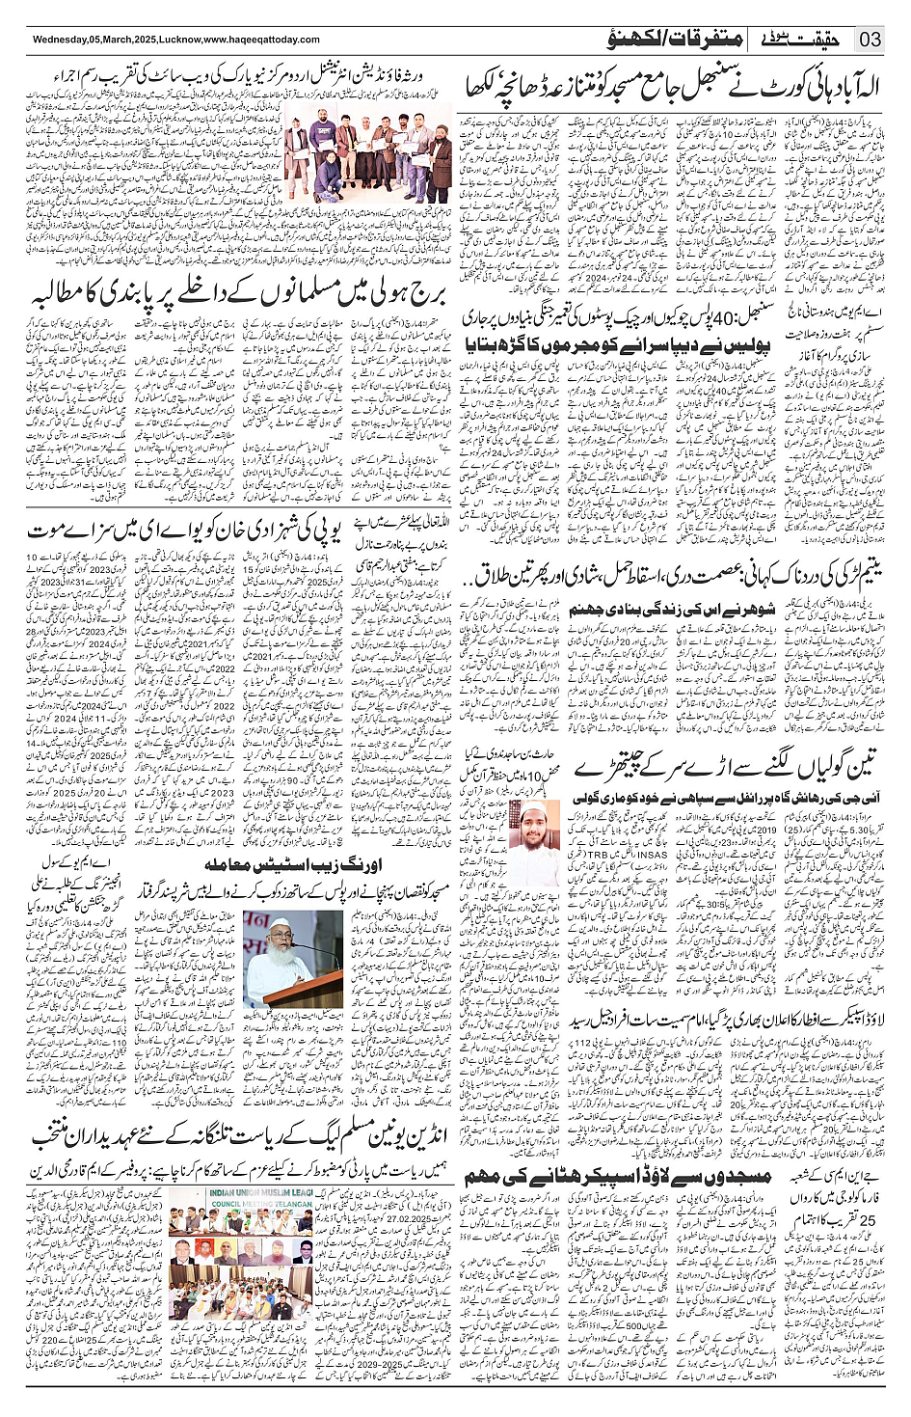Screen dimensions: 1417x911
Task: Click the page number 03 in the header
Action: pyautogui.click(x=871, y=40)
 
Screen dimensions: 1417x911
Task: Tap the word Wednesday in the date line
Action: pyautogui.click(x=62, y=40)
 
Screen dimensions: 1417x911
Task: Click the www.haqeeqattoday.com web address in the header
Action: pyautogui.click(x=261, y=40)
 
